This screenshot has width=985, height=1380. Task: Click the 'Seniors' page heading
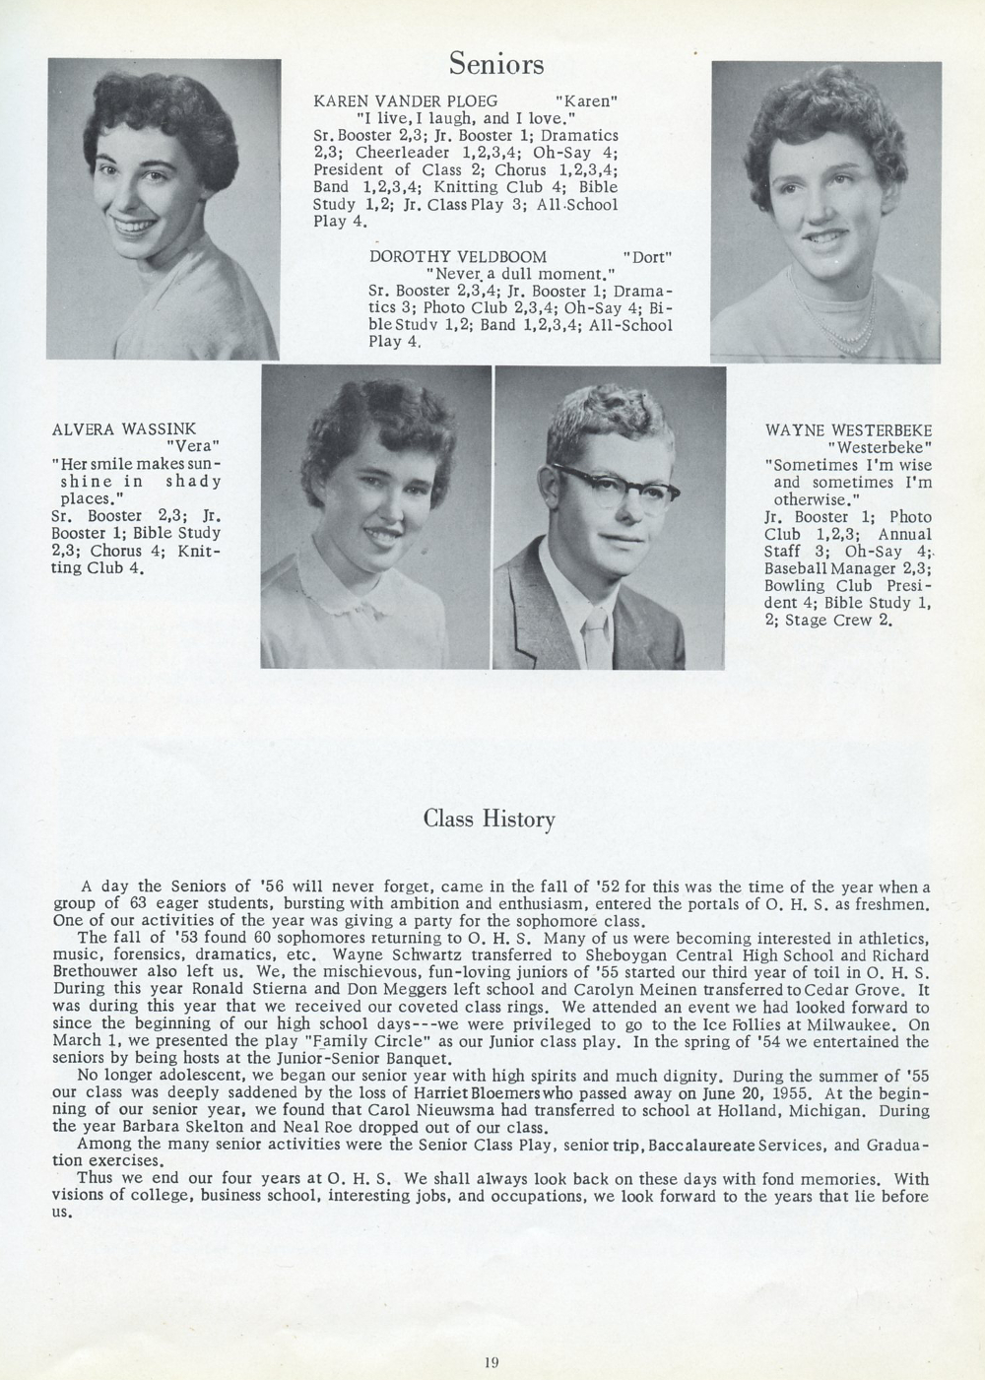click(x=496, y=64)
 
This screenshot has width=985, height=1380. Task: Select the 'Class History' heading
click(x=490, y=820)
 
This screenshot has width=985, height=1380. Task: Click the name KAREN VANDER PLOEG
click(x=405, y=100)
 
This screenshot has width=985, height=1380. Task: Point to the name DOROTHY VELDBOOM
click(x=457, y=256)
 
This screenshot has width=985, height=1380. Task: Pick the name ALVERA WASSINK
click(x=124, y=428)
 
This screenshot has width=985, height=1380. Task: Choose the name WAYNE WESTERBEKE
click(x=848, y=430)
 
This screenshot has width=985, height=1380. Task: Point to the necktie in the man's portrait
click(x=597, y=636)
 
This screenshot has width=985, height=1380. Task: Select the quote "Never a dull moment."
click(x=519, y=274)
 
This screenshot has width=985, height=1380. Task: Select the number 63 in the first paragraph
click(x=132, y=904)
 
